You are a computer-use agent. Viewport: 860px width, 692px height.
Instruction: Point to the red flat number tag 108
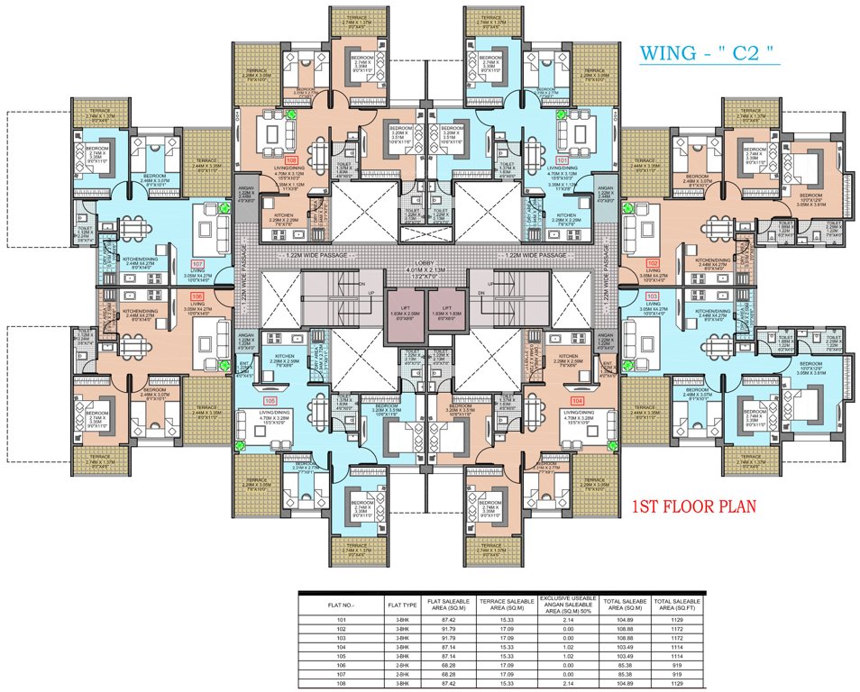(290, 160)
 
